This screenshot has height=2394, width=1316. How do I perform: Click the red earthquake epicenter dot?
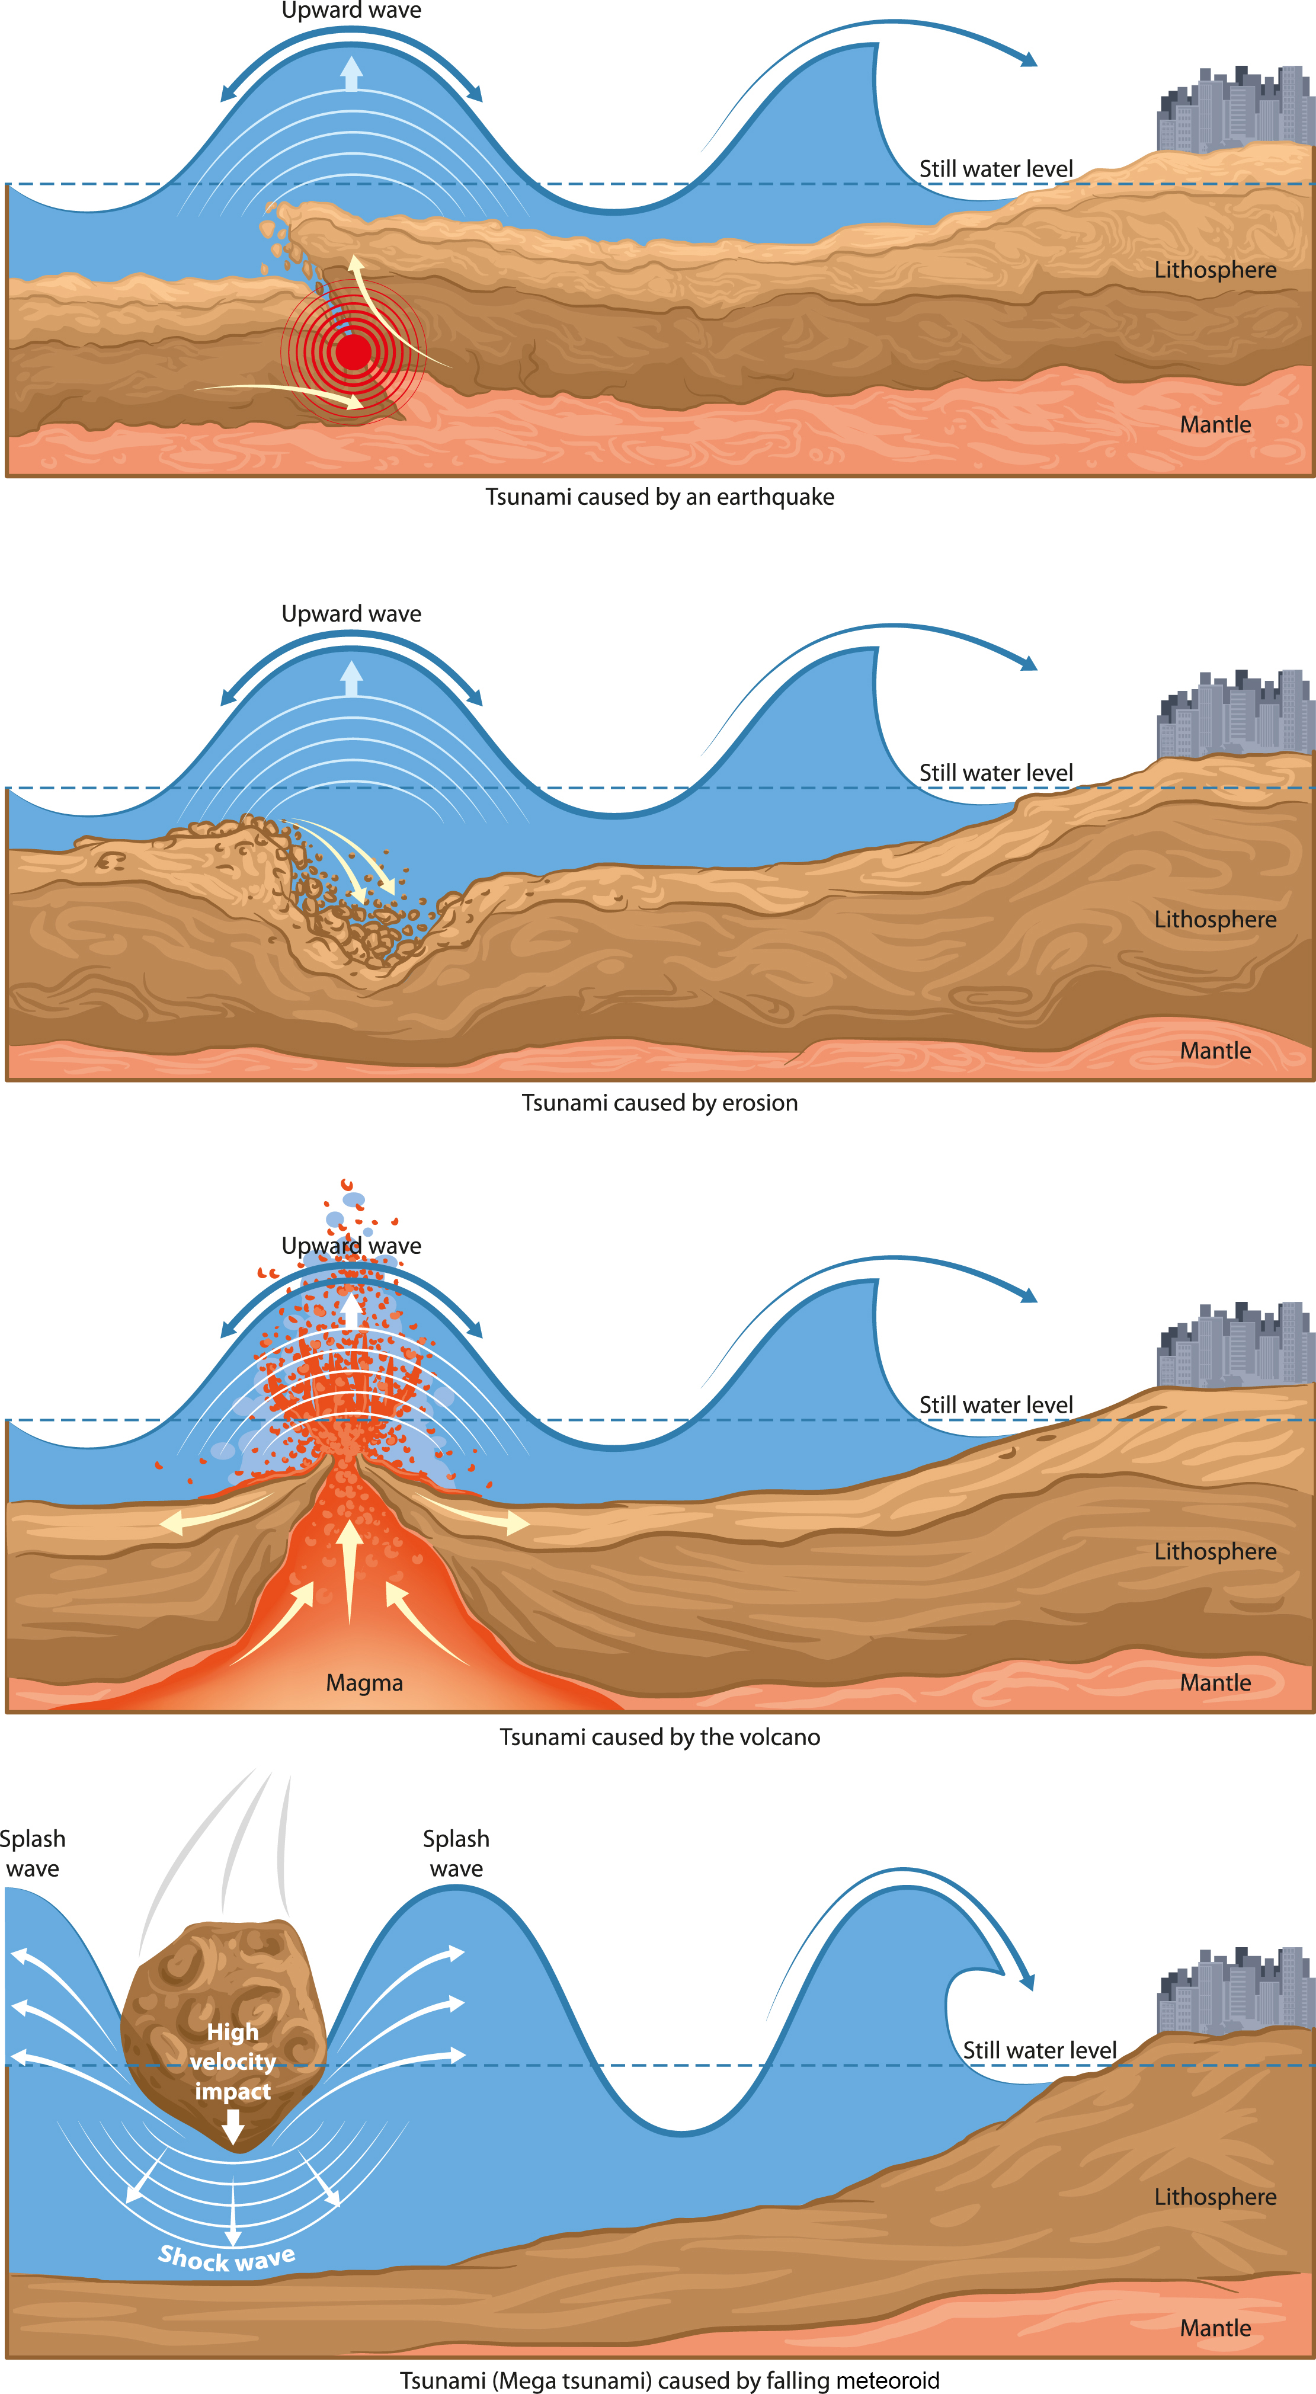coord(353,352)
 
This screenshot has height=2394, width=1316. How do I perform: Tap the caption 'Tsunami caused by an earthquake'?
coord(660,497)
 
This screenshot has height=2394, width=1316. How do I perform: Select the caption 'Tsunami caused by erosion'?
coord(660,1103)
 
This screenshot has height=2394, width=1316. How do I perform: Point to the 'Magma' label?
coord(364,1683)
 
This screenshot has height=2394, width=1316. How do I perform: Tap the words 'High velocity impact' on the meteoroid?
coord(232,2062)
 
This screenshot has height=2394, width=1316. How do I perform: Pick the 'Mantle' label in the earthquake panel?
coord(1215,425)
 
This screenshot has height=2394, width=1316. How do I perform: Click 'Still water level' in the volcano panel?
coord(995,1405)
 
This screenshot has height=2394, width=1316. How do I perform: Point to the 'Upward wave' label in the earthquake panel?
coord(351,11)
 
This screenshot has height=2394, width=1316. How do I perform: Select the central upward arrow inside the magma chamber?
coord(350,1570)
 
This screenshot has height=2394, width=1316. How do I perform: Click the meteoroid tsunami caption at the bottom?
coord(669,2380)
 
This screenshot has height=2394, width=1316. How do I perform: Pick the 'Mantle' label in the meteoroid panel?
coord(1215,2328)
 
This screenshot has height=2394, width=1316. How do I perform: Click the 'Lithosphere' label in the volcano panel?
coord(1215,1552)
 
